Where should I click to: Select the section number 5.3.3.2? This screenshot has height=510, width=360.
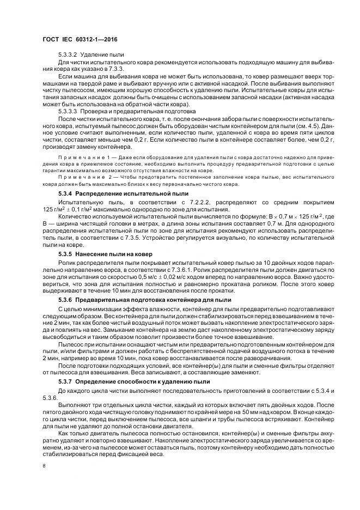[68, 55]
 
